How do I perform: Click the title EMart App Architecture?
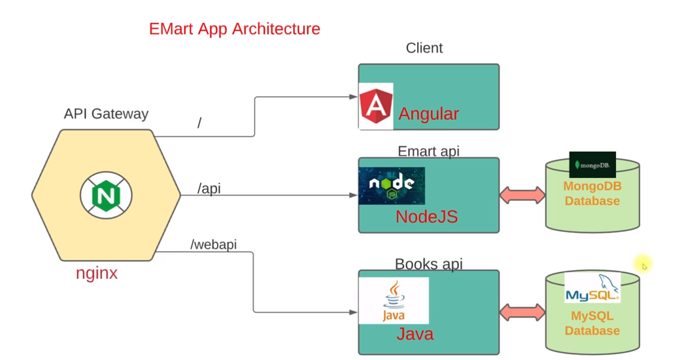click(235, 28)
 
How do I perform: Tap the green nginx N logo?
click(106, 196)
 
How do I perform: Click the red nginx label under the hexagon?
click(97, 274)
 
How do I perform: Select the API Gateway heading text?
click(106, 114)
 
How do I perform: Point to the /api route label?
click(209, 189)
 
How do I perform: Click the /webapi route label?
click(214, 244)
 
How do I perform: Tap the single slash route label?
click(199, 122)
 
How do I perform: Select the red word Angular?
click(428, 114)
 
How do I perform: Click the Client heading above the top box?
click(424, 48)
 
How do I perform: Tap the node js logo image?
click(392, 185)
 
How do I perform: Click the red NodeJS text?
click(426, 217)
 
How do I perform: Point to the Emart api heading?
click(428, 151)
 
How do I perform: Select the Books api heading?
click(428, 264)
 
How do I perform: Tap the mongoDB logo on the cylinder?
click(592, 165)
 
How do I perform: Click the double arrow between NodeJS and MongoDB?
click(522, 196)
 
